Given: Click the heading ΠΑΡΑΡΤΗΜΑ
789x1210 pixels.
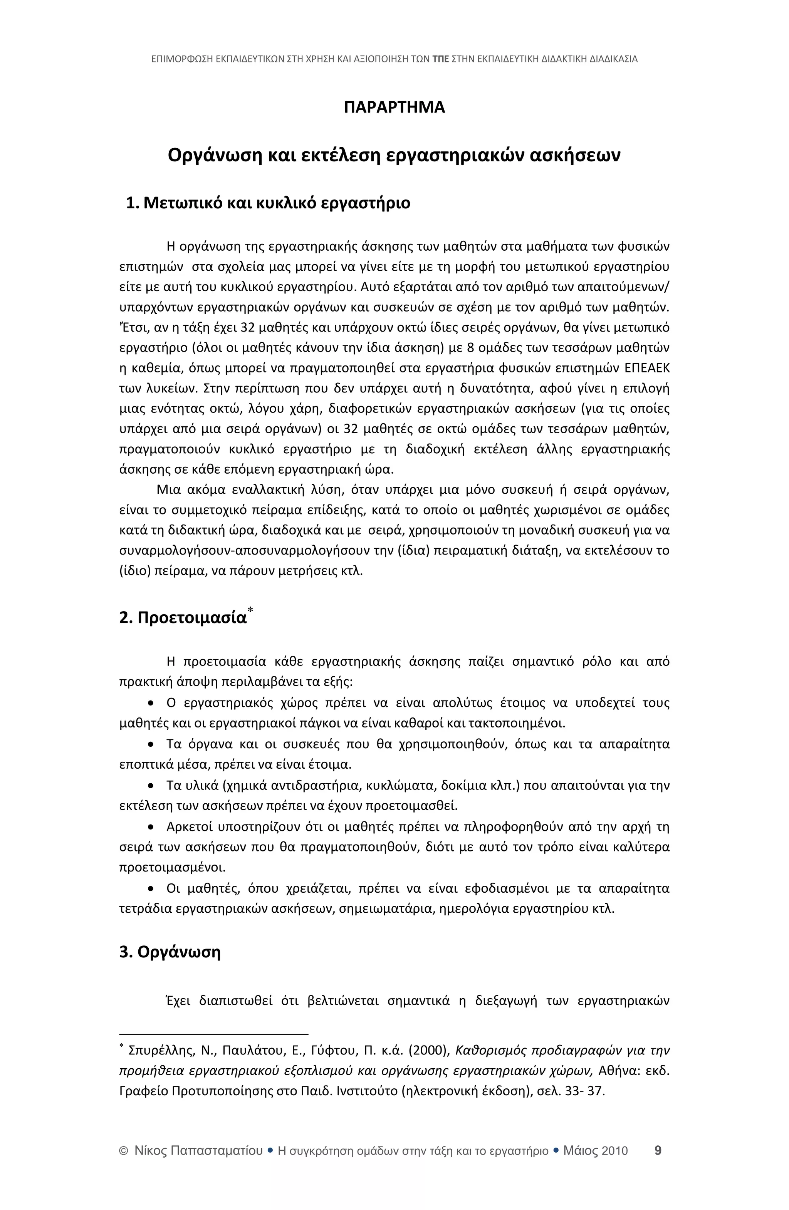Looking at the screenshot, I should point(394,108).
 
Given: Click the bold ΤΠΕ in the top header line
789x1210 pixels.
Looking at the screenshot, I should point(440,59).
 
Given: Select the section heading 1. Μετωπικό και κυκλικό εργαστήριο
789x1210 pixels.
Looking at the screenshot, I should point(268,203).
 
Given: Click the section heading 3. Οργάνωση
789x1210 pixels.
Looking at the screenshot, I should point(170,952).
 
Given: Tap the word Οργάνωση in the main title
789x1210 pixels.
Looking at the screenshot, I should point(214,154).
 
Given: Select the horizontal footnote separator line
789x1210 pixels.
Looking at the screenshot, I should point(214,1031).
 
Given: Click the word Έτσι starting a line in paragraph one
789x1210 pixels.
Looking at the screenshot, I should point(130,327).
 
